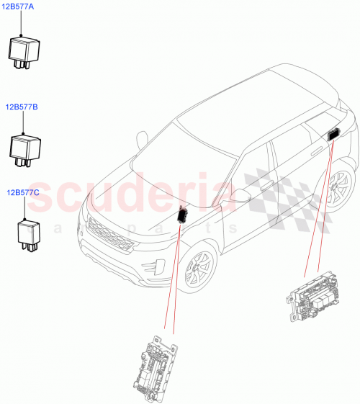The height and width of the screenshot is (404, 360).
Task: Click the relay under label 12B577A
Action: [x=24, y=51]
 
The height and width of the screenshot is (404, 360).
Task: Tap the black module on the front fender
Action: [x=181, y=215]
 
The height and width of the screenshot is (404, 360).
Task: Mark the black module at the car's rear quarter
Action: [x=334, y=133]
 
